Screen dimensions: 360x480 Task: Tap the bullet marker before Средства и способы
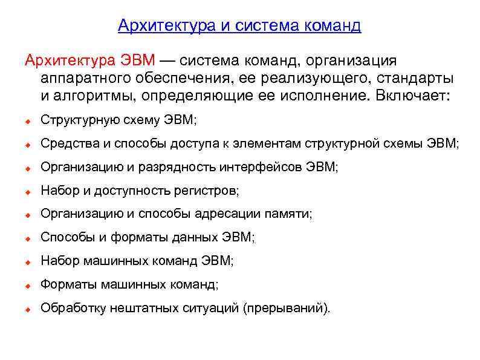[28, 145]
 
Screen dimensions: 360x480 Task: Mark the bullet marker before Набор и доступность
[28, 192]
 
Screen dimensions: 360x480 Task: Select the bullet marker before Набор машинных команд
[28, 262]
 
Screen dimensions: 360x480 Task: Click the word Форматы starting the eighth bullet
[68, 285]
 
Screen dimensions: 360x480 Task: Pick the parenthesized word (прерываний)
[287, 309]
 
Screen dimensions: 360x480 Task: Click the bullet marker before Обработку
[28, 309]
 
